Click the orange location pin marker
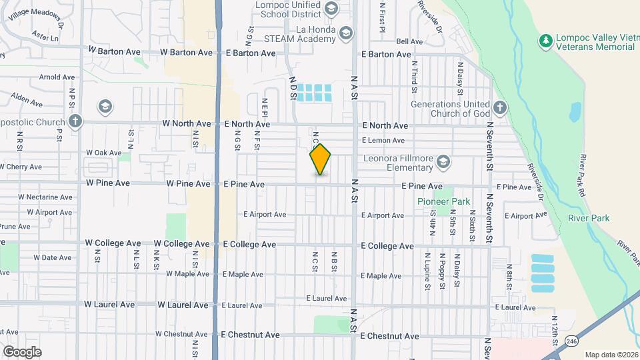click(321, 159)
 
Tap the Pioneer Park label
click(443, 201)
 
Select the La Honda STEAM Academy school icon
click(345, 33)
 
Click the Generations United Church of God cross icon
click(501, 107)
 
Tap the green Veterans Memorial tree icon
click(546, 41)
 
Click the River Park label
click(589, 218)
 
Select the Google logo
click(22, 351)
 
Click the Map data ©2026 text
click(611, 355)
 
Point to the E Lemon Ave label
click(383, 141)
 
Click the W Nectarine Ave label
click(45, 197)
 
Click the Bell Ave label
click(409, 41)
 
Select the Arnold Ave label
click(57, 77)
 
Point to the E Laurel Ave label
click(327, 299)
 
